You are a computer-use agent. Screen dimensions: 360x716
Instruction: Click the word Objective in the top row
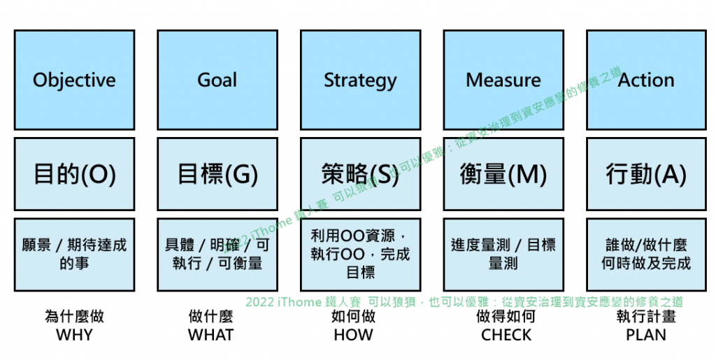tap(74, 80)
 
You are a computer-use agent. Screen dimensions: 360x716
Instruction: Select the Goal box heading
tap(217, 80)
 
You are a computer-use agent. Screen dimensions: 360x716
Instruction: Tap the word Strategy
tap(360, 80)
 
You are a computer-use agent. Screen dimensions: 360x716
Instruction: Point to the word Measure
tap(503, 80)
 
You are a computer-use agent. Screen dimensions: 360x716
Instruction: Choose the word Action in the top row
tap(646, 80)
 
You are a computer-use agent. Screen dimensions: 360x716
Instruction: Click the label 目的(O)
tap(74, 174)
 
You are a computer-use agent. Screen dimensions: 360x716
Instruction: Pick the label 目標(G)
tap(217, 174)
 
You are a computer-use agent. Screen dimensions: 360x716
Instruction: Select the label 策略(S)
tap(360, 174)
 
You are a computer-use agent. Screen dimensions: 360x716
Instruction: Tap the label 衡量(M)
tap(503, 174)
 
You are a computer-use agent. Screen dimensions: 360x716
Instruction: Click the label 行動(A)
tap(646, 174)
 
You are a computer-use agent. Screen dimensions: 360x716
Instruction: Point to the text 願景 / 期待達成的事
tap(74, 254)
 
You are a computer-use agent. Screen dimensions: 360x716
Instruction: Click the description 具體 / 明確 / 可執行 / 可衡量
tap(217, 254)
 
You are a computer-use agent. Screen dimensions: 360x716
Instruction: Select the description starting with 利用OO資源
tap(360, 254)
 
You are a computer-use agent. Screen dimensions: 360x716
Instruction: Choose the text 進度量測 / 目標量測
tap(503, 254)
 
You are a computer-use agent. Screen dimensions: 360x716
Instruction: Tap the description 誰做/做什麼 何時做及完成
tap(646, 254)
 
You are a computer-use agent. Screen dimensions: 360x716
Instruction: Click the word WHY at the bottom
tap(74, 335)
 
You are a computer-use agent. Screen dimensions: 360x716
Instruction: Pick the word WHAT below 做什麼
tap(210, 335)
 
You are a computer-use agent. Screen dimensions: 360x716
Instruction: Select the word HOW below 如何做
tap(353, 335)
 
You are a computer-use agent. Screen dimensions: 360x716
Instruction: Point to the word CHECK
tap(506, 335)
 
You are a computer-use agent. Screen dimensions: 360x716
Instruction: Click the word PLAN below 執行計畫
tap(646, 335)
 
